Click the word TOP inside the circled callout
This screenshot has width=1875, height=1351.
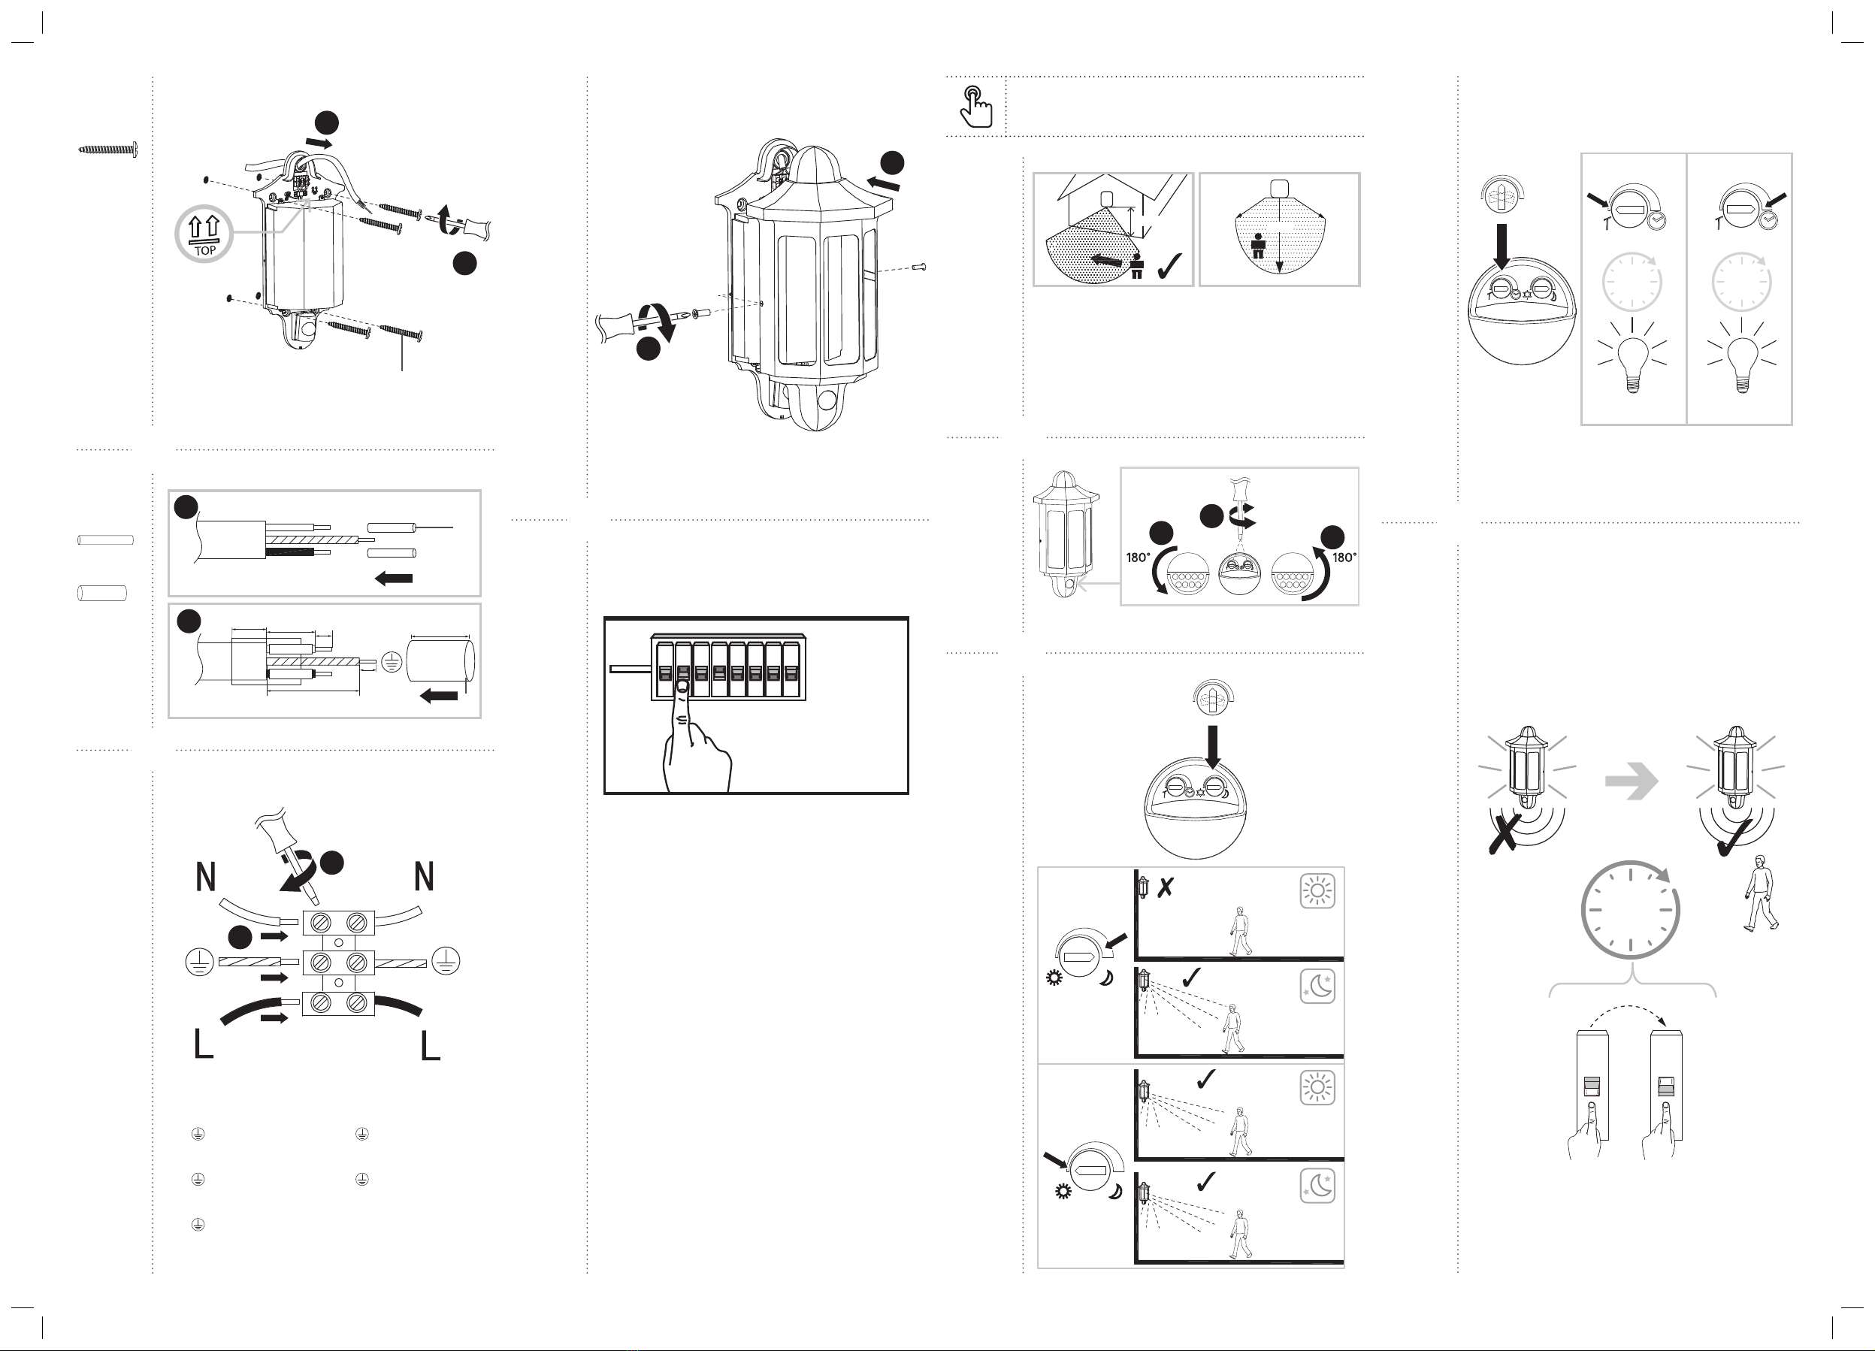point(204,250)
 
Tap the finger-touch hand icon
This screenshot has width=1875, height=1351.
point(976,107)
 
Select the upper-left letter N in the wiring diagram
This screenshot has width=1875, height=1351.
point(206,877)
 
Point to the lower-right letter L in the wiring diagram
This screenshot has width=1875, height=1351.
point(430,1046)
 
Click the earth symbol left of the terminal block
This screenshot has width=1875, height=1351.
point(199,963)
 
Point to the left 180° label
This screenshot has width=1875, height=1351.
point(1139,558)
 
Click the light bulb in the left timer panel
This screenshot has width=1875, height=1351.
point(1631,361)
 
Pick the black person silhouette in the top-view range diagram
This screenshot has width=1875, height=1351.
point(1258,246)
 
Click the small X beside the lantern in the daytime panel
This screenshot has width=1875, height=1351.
point(1165,888)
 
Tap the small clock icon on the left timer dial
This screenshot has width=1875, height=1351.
point(1656,221)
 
